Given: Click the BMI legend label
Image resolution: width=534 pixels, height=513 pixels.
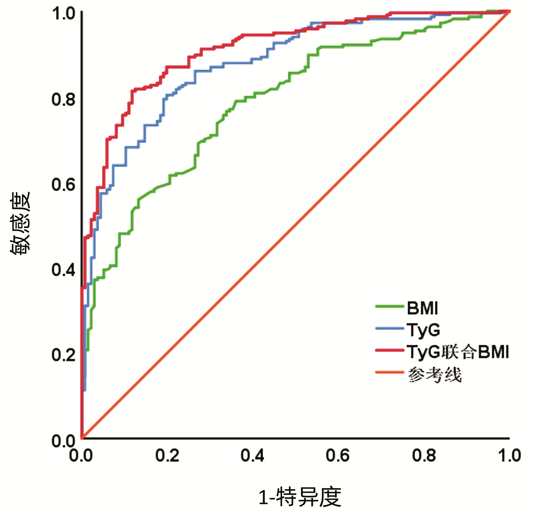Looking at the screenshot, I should pos(422,308).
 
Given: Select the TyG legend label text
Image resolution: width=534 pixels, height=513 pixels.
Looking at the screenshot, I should pos(424,330).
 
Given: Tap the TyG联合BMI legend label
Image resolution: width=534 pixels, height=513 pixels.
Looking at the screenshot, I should pos(457,352).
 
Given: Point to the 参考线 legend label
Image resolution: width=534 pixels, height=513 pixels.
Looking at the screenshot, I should pos(435,375).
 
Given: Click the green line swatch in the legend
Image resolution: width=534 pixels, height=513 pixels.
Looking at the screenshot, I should pos(390,306).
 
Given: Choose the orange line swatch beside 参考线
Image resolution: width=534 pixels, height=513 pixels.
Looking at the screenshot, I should pos(390,372).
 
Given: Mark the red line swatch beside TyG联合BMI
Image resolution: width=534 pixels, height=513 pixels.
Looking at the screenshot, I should pos(390,350).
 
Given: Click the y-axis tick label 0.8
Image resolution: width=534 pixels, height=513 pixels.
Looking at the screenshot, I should pos(63,99).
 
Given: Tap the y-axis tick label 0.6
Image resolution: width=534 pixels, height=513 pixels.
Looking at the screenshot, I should pos(63,185).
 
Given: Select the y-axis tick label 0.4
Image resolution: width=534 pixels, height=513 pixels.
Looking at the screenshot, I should pos(63,270).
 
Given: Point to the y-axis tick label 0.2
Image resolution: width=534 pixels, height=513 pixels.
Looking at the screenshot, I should pos(63,355).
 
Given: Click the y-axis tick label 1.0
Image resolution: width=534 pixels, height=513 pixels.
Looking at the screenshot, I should pos(63,14).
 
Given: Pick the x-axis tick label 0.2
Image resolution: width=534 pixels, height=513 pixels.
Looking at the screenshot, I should pos(167,456).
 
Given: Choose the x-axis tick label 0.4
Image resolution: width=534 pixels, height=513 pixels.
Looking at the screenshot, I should pos(252,456).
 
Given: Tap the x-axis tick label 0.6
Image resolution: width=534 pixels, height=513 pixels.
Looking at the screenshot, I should pos(338,456).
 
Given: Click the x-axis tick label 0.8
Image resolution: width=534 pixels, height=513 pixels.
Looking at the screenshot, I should pos(424,456).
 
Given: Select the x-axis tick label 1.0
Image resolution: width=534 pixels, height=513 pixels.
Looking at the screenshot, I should pos(509,456).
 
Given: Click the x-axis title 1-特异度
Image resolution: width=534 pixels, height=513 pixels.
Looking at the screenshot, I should pos(300,497).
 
